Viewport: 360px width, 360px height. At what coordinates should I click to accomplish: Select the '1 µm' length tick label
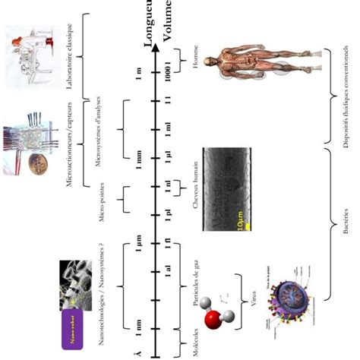pyautogui.click(x=138, y=243)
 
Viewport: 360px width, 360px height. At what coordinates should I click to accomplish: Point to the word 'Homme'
pyautogui.click(x=194, y=62)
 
